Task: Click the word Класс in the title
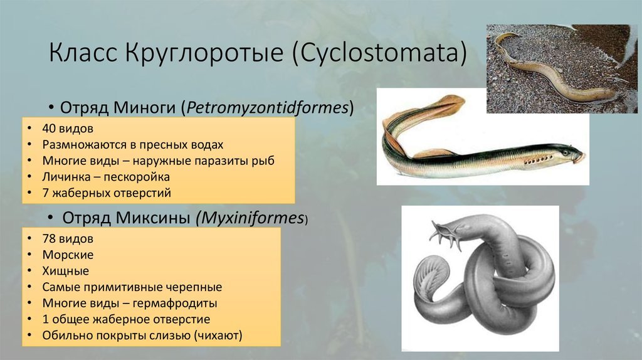coord(83,53)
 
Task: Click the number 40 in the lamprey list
coord(49,129)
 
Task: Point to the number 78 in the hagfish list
coord(49,239)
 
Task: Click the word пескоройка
coord(137,177)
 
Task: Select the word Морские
coord(68,255)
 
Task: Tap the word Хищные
coord(65,271)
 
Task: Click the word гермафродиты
coord(175,304)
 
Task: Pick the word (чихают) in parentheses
coord(218,336)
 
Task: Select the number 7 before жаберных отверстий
coord(45,193)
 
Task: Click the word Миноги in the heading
coord(145,108)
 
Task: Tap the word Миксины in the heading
coord(153,218)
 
